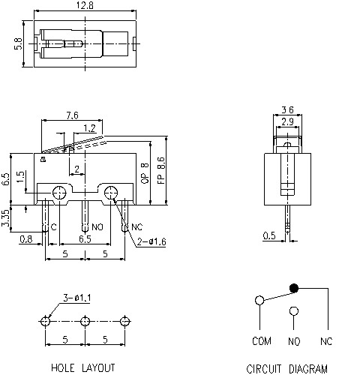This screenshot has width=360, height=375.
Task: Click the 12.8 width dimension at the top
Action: tap(85, 7)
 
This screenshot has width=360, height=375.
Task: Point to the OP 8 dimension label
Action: tap(144, 175)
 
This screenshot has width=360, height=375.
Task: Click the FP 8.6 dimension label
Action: tap(159, 175)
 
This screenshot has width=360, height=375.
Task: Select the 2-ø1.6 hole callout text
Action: tap(153, 241)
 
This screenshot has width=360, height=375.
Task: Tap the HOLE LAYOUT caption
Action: tap(83, 367)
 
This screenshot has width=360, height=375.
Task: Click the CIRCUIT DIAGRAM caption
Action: tap(287, 368)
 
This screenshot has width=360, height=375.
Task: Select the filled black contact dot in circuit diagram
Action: tap(295, 287)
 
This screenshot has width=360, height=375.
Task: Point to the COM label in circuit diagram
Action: tap(261, 342)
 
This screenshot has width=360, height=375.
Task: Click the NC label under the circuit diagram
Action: tap(326, 342)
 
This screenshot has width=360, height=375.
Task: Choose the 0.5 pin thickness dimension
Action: tap(268, 235)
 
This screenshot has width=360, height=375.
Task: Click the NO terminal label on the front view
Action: tap(97, 226)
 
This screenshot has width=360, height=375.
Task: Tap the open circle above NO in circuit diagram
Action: tap(295, 310)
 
